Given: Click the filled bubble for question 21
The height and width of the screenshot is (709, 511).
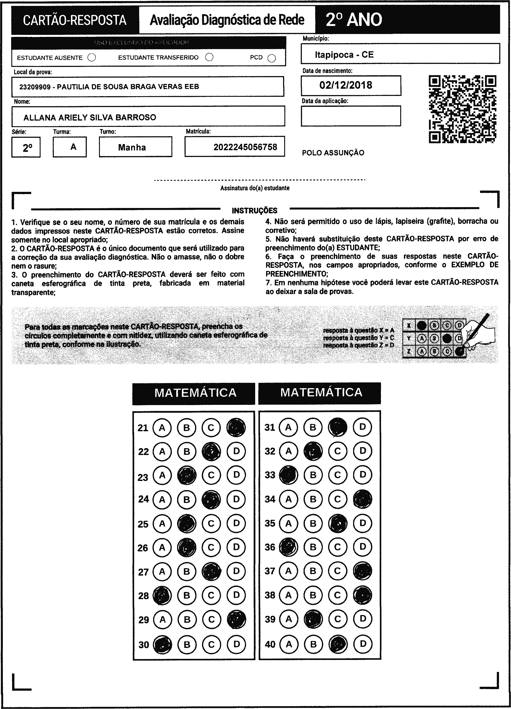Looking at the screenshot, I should coord(236,427).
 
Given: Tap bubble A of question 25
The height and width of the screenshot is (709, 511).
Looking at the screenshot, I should coord(162,524).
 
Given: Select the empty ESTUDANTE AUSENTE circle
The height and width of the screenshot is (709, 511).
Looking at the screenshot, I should coord(92,58).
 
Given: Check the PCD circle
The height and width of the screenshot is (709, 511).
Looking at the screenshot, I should coord(272,58).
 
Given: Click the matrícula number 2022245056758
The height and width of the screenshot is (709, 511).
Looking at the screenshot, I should coord(245,147).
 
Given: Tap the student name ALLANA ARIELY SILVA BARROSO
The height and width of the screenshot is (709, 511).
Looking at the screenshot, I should coord(90,118).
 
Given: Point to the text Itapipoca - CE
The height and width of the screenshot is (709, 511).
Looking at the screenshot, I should coord(344,55).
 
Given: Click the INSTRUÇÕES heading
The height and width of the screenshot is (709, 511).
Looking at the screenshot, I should coord(255,210).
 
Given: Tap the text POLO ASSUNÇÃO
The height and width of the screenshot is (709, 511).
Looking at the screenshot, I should coord(333,153).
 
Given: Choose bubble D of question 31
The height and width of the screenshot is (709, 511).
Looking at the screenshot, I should coord(362,427).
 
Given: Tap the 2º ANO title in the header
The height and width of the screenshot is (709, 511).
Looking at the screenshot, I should coord(354,20).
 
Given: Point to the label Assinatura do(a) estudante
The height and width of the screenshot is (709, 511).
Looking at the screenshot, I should coord(255,188).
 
